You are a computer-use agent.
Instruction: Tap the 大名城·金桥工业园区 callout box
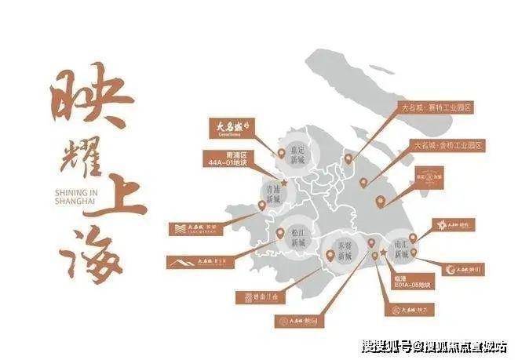point(449,146)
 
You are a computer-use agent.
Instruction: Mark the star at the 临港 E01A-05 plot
point(384,256)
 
